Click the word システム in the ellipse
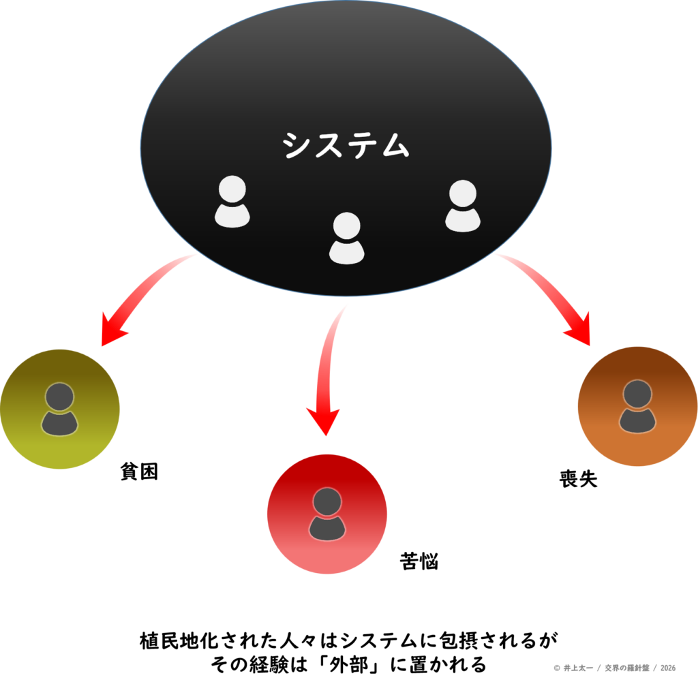[346, 144]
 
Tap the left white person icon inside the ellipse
[232, 202]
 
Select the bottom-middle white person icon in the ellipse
[346, 238]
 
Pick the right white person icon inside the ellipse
[463, 206]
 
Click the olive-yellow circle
[60, 409]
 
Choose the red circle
[327, 514]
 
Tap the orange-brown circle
[637, 407]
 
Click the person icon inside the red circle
[327, 515]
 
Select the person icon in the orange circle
[637, 407]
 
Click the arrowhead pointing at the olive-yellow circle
[112, 330]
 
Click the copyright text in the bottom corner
[615, 668]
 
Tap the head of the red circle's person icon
[327, 501]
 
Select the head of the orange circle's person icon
[637, 393]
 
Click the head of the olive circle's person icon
[60, 396]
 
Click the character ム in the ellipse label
[393, 145]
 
